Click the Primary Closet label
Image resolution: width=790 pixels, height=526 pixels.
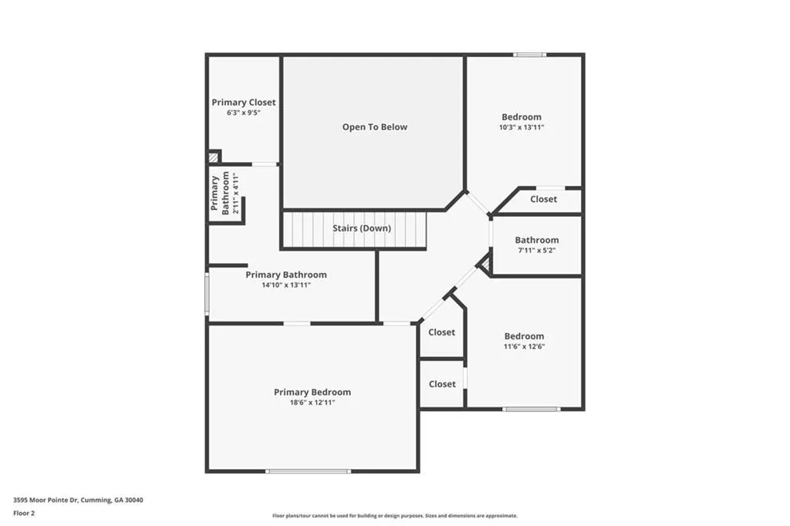[x=244, y=103]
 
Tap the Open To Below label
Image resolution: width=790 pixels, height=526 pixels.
[x=375, y=127]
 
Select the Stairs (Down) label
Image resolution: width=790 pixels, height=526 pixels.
[x=362, y=228]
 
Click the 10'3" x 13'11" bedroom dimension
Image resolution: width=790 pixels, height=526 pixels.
[x=522, y=128]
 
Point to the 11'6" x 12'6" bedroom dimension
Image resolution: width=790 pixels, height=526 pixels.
[x=524, y=347]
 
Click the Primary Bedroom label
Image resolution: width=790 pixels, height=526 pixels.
[x=312, y=393]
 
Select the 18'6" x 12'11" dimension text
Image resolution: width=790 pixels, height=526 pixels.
[x=312, y=403]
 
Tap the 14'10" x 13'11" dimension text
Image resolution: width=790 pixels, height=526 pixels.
[x=285, y=285]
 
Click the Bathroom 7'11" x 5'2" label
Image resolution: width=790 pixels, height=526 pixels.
[x=537, y=241]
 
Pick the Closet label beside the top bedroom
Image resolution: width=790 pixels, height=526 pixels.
[x=543, y=200]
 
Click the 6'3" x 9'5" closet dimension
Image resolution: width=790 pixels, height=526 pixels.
[x=244, y=113]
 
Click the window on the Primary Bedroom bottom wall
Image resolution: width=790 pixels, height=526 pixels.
[x=308, y=470]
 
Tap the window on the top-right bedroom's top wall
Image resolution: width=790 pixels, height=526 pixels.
[x=530, y=55]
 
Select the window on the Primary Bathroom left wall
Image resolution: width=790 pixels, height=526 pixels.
[x=207, y=294]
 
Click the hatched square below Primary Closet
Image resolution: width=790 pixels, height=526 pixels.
[x=214, y=157]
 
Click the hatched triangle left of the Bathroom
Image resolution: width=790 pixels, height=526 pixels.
[x=484, y=265]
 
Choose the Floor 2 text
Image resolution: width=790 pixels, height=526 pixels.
[x=24, y=513]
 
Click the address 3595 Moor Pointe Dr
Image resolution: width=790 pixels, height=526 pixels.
[x=78, y=501]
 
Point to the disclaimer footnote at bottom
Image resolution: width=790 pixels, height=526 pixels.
[x=395, y=516]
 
